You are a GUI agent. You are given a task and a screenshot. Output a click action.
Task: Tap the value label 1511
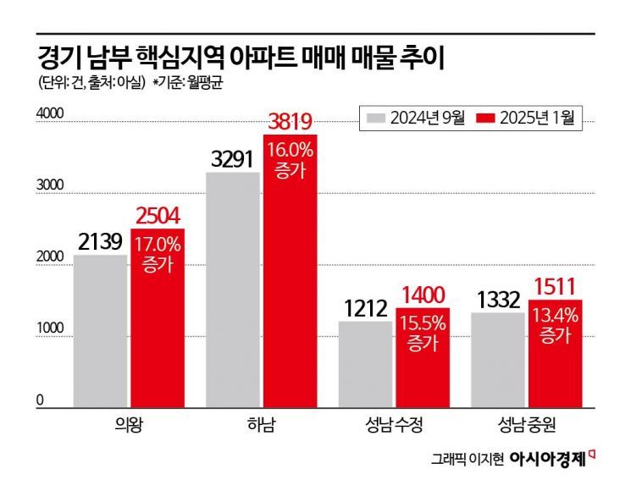point(555,287)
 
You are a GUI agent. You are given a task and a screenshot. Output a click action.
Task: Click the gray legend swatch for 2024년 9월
point(374,119)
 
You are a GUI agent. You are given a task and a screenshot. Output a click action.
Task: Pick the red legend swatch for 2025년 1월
point(486,119)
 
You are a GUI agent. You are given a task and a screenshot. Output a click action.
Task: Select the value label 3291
point(234,158)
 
